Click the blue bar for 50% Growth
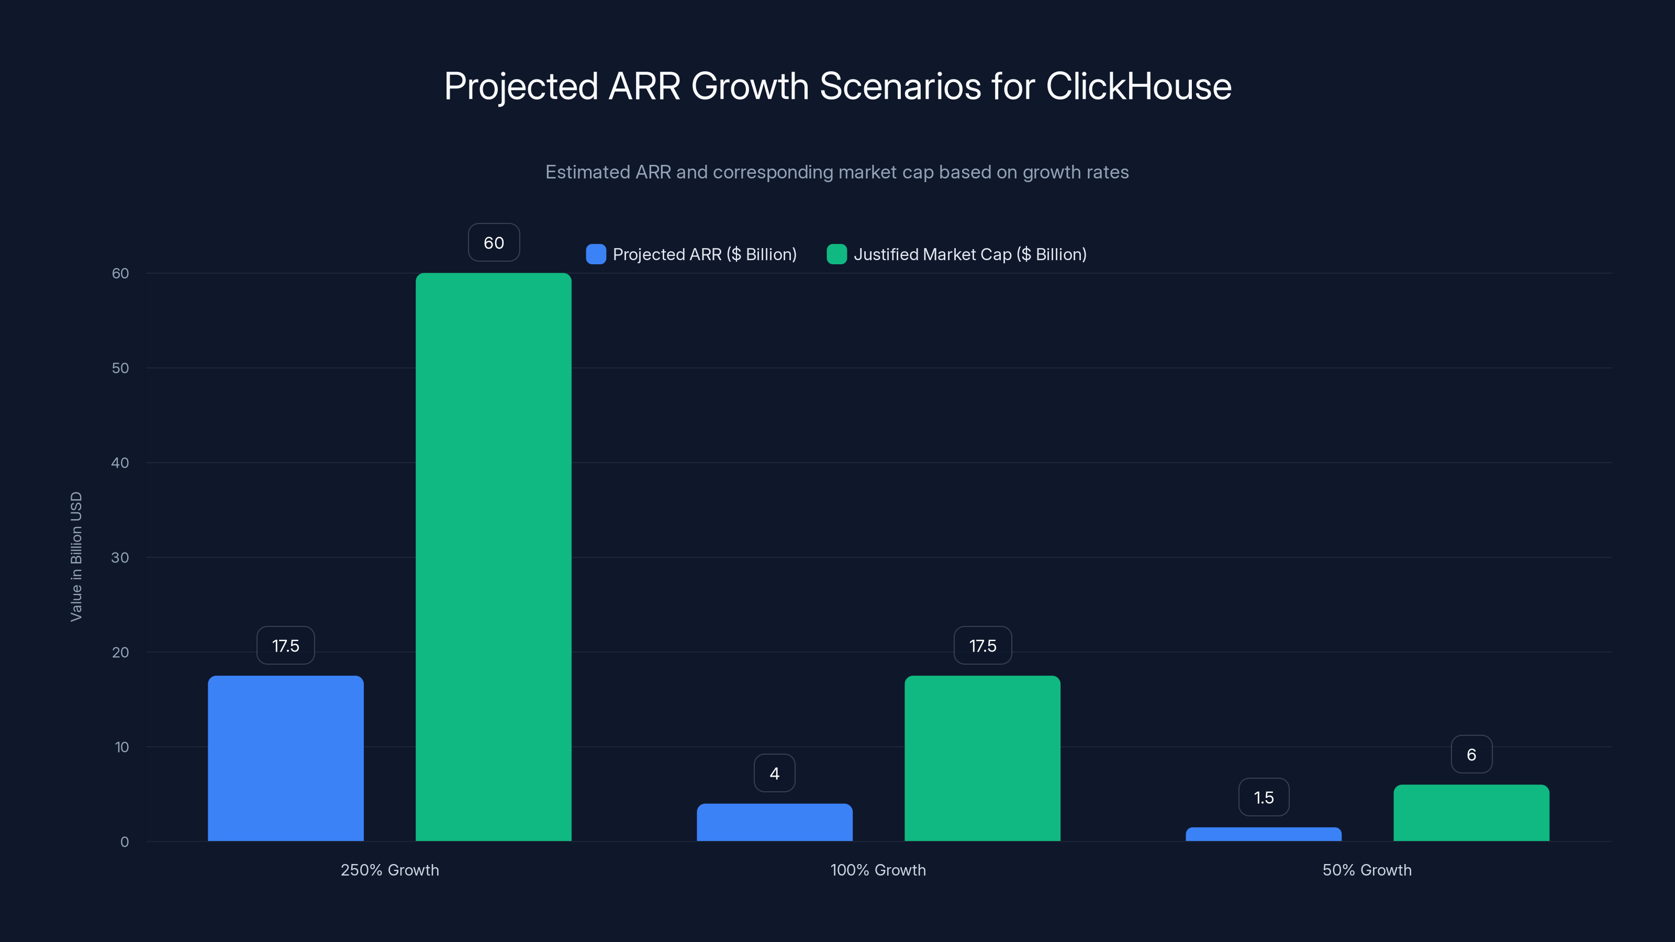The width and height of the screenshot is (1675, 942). (x=1264, y=834)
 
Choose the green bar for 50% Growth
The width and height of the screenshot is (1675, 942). (x=1471, y=813)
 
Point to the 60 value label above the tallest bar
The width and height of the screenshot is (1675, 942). (x=494, y=242)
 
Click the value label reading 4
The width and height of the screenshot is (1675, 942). (x=775, y=773)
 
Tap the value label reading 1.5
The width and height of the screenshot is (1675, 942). (x=1264, y=797)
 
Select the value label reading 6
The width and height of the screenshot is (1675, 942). (x=1471, y=754)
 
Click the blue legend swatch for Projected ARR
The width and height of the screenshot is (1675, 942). (x=596, y=254)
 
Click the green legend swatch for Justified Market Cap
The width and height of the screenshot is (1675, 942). (x=836, y=254)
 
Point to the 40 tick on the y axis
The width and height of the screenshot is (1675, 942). (x=120, y=463)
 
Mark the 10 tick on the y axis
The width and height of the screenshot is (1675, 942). (x=121, y=747)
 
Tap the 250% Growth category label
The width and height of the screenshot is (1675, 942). (x=389, y=870)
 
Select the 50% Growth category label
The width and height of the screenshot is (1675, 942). (x=1367, y=870)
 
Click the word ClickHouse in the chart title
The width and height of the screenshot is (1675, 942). (x=1138, y=86)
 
